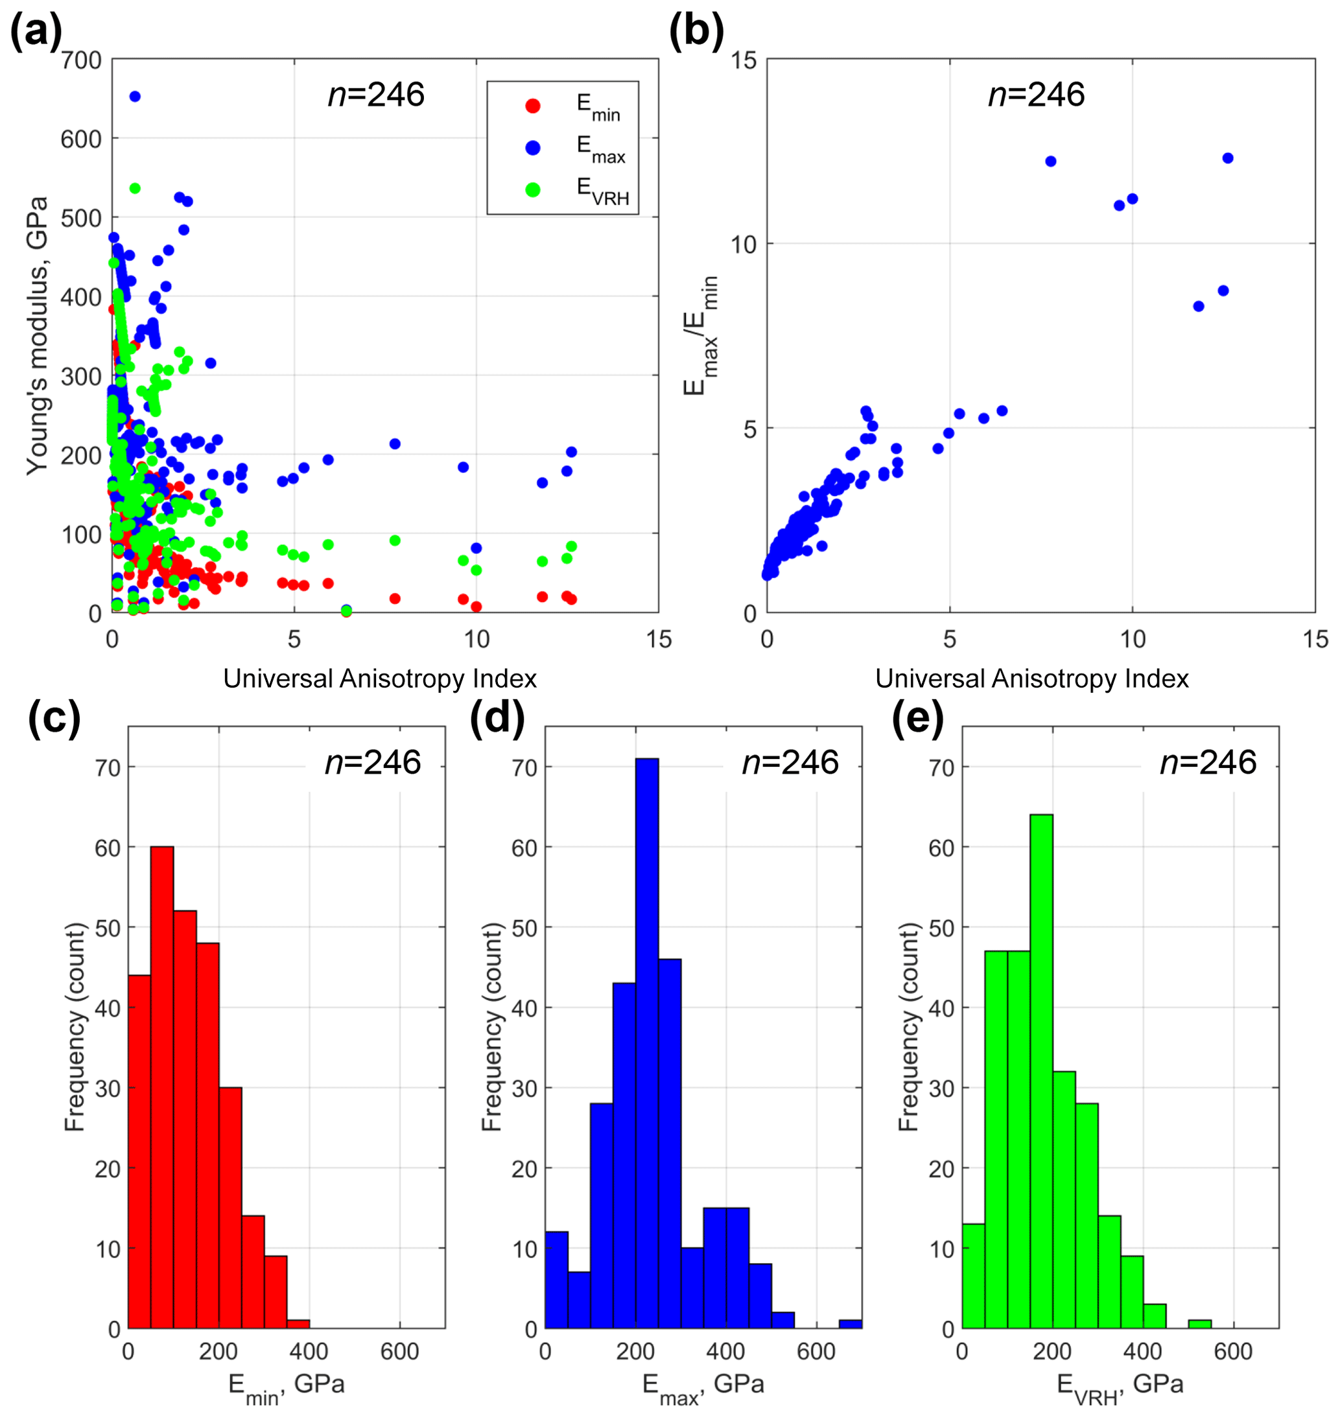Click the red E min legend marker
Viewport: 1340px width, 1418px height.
(533, 106)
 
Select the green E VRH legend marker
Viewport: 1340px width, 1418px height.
(533, 189)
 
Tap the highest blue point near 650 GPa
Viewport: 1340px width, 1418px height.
(134, 97)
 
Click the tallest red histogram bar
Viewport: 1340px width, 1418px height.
(162, 1087)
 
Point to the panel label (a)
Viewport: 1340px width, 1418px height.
(36, 33)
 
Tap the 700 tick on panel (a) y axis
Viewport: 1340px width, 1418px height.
(82, 61)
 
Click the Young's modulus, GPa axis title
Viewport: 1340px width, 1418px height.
(37, 336)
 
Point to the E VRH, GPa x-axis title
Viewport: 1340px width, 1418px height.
(1120, 1385)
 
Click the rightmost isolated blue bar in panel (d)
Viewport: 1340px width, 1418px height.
(850, 1325)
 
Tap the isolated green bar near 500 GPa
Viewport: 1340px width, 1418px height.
(1200, 1325)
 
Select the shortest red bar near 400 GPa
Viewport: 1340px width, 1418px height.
(299, 1325)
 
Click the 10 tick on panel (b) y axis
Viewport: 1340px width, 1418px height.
(743, 245)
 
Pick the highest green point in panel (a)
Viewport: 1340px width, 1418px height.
(134, 189)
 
